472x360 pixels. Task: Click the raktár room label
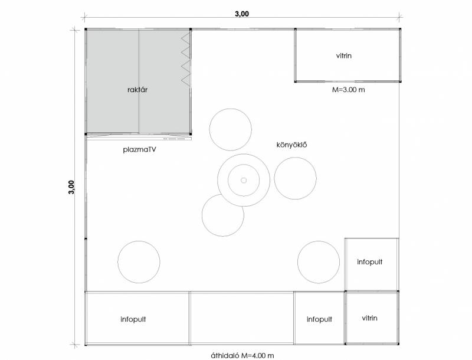137,89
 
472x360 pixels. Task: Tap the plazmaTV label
139,149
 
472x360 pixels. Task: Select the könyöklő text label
291,145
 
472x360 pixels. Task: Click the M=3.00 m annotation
348,90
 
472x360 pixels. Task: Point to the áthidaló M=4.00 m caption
242,356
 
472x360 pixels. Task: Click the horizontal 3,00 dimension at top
242,14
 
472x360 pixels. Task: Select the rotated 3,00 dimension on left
71,187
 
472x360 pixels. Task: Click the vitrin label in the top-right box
344,55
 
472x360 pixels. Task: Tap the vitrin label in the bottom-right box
369,318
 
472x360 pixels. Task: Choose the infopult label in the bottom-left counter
133,319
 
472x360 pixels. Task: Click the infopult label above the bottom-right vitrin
370,262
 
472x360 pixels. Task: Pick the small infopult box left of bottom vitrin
319,318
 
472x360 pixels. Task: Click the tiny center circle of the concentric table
244,181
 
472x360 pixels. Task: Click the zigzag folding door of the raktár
186,58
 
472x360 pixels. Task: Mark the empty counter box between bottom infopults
242,318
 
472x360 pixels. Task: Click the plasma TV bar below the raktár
139,139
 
